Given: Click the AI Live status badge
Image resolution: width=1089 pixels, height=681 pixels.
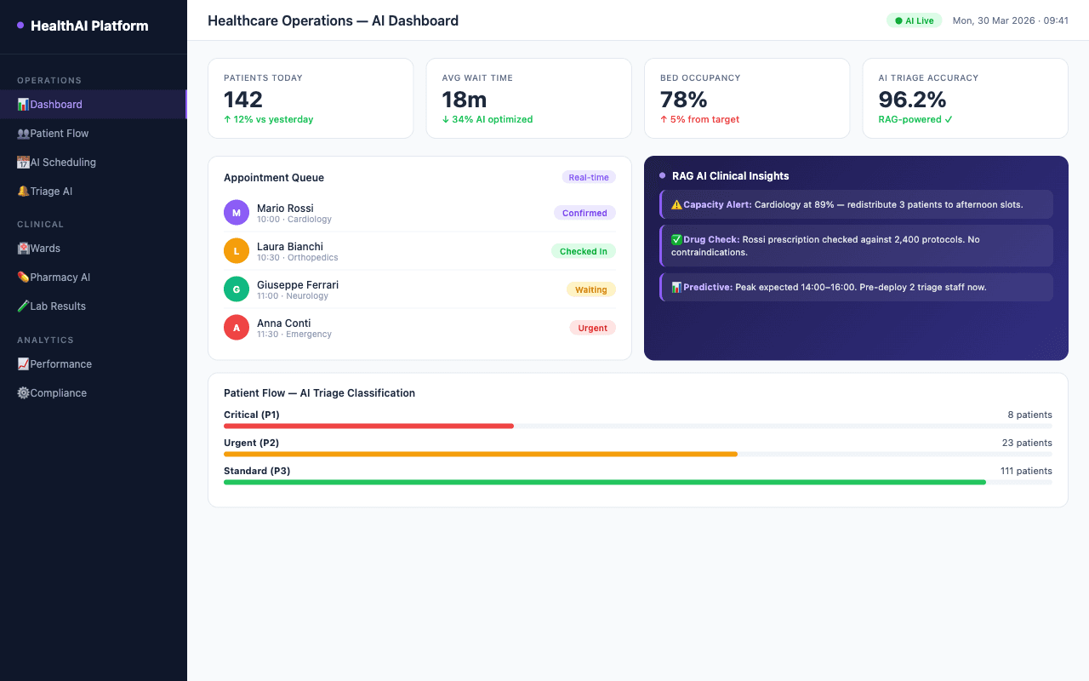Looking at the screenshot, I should (914, 20).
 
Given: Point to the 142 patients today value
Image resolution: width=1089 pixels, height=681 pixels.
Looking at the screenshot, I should (243, 100).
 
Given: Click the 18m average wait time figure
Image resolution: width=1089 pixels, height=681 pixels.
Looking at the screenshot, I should (465, 100).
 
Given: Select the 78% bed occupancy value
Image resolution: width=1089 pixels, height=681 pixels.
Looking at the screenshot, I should (684, 100).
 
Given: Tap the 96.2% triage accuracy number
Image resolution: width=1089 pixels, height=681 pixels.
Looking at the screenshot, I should (913, 100).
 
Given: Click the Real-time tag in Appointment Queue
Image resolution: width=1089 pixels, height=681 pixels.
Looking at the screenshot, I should (589, 177).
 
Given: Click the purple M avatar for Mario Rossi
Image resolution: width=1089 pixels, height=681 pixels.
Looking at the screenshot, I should (237, 213).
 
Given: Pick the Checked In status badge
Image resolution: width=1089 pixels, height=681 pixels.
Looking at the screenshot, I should (583, 251).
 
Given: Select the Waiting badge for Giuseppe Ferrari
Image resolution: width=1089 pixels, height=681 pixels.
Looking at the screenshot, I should (590, 289).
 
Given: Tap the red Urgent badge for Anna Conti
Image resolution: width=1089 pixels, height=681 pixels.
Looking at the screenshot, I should (592, 328).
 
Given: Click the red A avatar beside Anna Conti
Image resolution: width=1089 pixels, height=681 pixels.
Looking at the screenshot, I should (237, 328).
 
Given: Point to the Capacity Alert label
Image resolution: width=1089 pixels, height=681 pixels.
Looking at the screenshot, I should (717, 204).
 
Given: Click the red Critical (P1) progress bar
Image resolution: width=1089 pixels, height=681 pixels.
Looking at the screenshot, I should (368, 426).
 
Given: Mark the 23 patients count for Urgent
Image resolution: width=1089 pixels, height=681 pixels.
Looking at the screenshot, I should (1027, 443).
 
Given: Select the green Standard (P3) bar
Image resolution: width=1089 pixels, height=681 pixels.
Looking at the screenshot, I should (604, 482).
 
